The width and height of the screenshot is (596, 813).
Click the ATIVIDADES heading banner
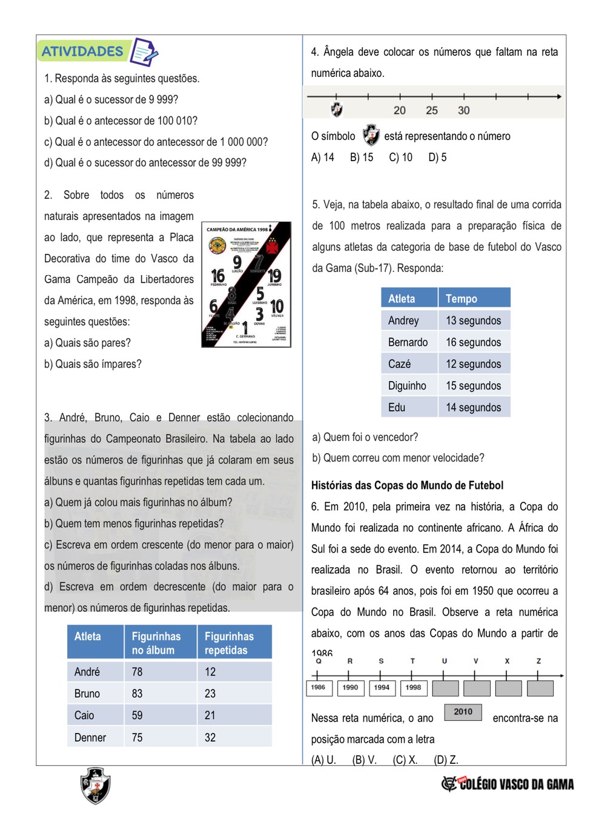coord(82,51)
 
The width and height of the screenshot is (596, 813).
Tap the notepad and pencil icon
coord(144,52)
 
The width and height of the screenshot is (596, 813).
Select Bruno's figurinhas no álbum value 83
coord(137,694)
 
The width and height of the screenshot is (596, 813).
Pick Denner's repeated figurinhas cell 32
coord(210,737)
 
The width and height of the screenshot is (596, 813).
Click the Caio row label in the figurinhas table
coord(84,715)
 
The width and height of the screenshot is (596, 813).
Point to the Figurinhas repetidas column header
coord(229,643)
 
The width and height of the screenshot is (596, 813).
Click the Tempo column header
coord(462,299)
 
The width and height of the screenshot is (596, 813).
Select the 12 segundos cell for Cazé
coord(473,364)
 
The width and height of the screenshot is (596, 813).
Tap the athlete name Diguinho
coord(407,386)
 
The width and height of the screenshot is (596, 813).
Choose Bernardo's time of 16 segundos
coord(473,342)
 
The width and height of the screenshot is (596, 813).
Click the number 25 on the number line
coord(432,110)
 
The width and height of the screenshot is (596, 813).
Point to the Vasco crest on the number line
coord(337,110)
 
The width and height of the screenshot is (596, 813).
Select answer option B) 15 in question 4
coord(362,158)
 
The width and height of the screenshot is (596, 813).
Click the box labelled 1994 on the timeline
coord(382,688)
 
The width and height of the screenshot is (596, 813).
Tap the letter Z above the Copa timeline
coord(538,661)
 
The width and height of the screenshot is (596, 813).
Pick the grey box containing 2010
coord(463,712)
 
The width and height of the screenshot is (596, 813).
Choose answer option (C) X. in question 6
coord(405,760)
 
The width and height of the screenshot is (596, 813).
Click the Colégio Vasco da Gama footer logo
coord(508,784)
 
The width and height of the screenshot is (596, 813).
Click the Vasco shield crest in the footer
coord(96,786)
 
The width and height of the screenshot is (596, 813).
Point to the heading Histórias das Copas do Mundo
coord(407,485)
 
